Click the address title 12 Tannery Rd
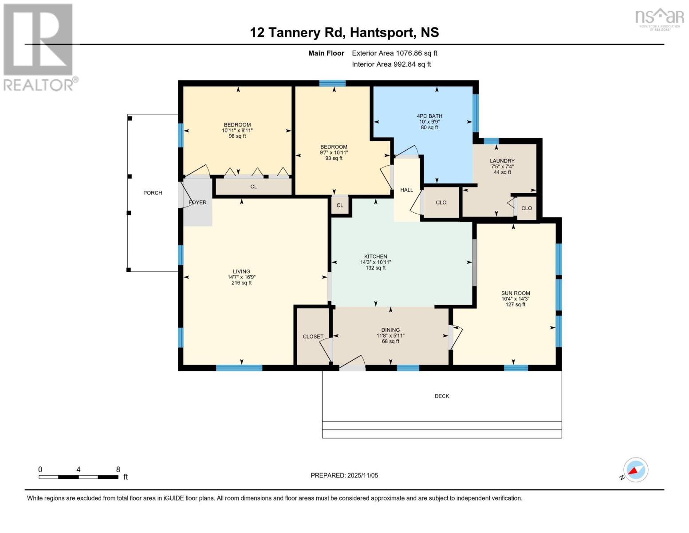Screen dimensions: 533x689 [x=344, y=32]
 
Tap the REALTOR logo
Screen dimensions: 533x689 [x=39, y=47]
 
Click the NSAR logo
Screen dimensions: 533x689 [x=660, y=19]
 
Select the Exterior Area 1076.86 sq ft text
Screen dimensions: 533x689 [x=394, y=53]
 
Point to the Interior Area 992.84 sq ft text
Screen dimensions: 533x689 [x=391, y=64]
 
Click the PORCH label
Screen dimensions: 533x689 [x=153, y=193]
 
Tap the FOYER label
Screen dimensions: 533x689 [x=197, y=203]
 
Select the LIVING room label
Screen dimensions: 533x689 [x=241, y=271]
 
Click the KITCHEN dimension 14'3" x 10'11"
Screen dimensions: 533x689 [x=375, y=263]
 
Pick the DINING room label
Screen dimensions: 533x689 [x=390, y=330]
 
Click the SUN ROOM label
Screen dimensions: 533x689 [x=516, y=293]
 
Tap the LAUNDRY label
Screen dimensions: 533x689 [x=502, y=161]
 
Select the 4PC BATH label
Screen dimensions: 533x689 [x=429, y=116]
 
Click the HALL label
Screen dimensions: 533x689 [x=406, y=190]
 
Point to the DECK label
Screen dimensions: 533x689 [x=442, y=396]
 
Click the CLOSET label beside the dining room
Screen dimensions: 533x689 [x=313, y=337]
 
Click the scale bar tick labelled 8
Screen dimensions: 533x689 [x=118, y=470]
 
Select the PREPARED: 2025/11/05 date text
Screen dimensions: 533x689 [x=344, y=475]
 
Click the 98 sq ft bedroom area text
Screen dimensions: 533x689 [x=237, y=136]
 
